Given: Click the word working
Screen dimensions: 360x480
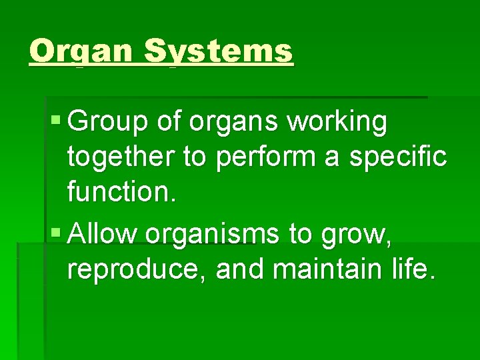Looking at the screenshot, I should tap(344, 123).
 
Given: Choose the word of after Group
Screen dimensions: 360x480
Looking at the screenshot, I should tap(170, 123).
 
